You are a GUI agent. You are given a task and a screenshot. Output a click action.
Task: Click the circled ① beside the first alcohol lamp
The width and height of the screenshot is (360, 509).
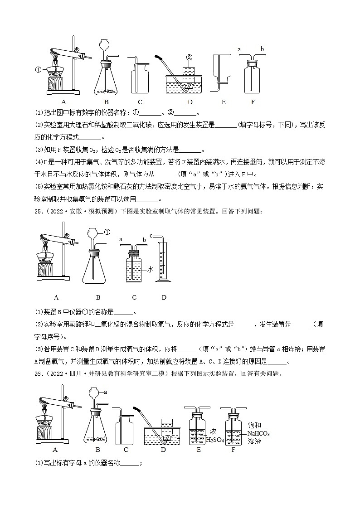point(38,70)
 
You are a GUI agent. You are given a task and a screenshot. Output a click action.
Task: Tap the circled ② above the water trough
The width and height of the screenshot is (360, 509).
point(189,57)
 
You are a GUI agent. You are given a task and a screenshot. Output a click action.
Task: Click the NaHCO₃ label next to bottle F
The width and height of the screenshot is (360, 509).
point(258,433)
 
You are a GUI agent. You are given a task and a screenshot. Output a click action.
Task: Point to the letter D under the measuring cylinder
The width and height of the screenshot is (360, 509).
point(164,297)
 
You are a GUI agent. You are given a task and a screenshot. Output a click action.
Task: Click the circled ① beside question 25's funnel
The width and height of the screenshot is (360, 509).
point(107,232)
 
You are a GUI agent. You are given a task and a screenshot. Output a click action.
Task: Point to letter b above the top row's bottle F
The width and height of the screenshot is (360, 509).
point(262,48)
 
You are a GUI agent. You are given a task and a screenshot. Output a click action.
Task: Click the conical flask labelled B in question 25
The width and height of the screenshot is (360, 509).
point(97,267)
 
